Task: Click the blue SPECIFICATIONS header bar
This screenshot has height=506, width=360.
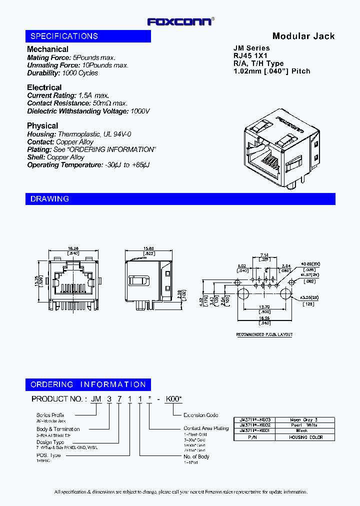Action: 88,36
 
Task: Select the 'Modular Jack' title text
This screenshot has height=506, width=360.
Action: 303,36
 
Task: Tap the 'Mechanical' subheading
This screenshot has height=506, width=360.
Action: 47,49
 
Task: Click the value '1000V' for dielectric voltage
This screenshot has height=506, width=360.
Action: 140,111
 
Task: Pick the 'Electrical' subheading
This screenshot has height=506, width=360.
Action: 44,87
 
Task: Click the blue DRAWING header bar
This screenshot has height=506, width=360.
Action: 180,199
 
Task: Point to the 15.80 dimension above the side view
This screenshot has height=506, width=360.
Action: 148,248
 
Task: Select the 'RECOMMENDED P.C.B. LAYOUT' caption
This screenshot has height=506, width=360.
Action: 264,334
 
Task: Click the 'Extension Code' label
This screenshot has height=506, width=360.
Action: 201,415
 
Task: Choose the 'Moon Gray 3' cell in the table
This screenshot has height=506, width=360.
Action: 304,420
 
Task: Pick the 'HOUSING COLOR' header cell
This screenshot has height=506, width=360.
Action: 305,437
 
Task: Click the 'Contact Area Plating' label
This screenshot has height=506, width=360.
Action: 205,428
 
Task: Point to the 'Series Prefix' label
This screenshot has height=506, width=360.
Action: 50,415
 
